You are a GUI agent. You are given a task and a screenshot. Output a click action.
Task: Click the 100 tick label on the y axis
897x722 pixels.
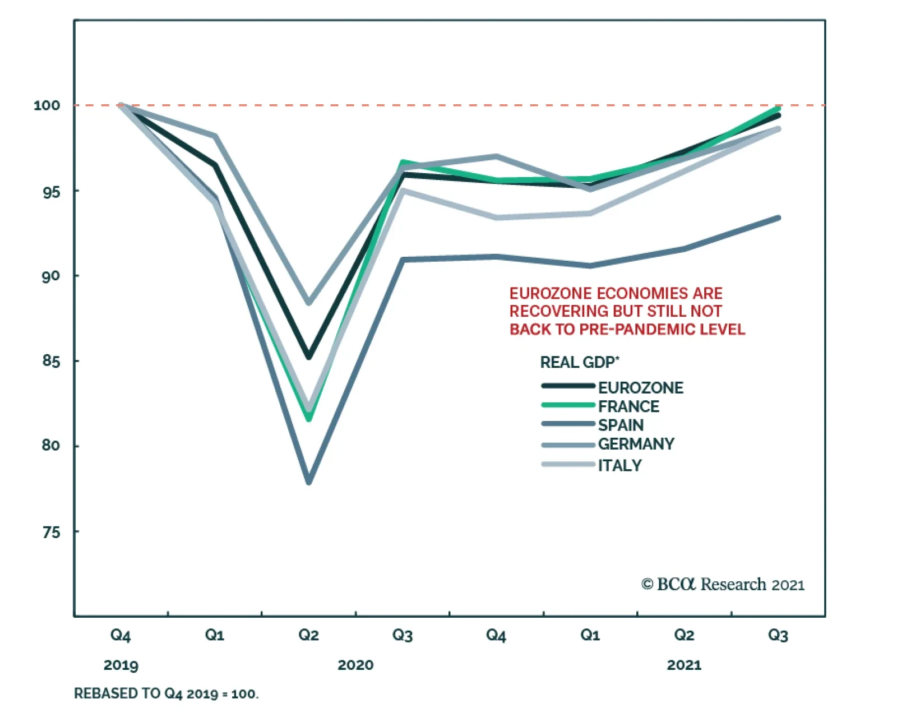47,105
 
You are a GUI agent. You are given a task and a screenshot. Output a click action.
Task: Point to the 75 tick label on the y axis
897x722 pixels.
51,532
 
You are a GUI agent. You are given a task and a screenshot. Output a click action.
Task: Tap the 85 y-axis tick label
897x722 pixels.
51,361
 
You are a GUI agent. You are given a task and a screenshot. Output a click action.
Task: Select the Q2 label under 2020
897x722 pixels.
308,635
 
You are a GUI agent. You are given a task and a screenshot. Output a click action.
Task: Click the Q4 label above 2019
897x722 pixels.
121,635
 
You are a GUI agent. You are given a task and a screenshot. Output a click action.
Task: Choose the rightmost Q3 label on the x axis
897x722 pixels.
778,635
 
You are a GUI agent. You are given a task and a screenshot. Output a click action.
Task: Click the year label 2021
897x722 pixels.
684,665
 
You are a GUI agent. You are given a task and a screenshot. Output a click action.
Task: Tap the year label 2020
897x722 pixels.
355,665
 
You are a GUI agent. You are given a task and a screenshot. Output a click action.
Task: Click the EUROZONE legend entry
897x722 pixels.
640,388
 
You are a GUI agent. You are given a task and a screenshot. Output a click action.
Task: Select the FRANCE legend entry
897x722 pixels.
628,406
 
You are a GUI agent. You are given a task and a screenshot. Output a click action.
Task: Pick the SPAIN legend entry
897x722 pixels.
621,425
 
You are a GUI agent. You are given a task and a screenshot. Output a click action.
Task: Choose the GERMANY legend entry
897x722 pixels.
636,444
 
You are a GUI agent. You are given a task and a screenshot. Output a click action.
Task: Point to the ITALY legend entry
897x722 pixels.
619,465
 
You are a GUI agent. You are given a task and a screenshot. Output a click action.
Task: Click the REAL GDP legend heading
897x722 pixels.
579,363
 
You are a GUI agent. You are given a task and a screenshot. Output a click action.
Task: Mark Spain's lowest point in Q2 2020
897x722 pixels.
309,482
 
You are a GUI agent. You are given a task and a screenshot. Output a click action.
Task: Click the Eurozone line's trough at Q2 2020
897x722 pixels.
309,357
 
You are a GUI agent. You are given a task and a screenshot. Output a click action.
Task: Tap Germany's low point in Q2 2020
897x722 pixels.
309,303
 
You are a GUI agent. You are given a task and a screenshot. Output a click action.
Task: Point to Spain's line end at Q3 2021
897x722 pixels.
778,218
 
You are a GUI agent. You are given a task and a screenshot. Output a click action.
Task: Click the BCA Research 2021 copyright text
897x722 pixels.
723,585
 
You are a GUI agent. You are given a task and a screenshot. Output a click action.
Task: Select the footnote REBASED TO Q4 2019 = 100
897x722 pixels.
167,694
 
